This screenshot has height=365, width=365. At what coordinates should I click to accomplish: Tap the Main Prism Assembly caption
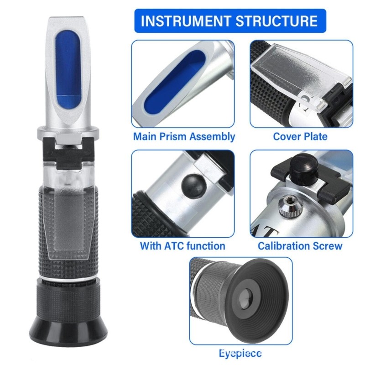coord(184,136)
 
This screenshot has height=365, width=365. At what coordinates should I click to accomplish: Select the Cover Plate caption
coord(300,136)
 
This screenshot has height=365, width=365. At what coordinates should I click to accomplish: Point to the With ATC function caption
coord(182,246)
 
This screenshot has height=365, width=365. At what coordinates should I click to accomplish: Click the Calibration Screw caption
coord(300,246)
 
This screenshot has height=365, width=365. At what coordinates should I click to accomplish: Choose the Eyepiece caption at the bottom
coord(240,353)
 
